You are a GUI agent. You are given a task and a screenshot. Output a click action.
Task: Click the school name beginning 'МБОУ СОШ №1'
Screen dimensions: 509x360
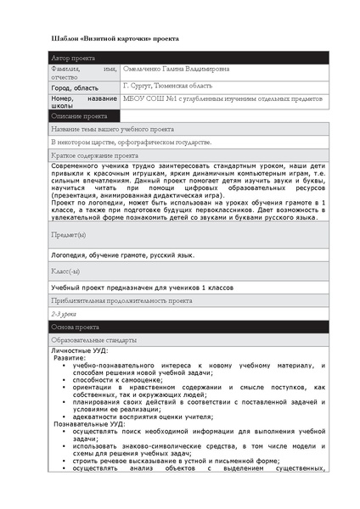pos(223,99)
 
